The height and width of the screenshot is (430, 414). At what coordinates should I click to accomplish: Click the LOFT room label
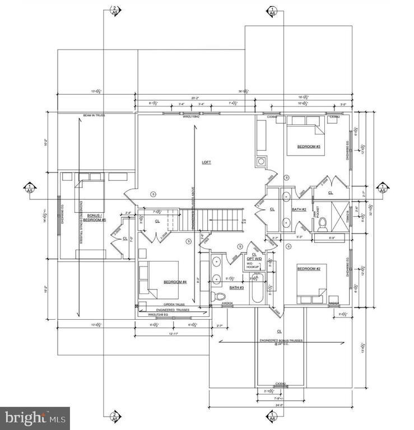tap(207, 162)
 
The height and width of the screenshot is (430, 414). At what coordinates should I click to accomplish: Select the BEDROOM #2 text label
tap(308, 269)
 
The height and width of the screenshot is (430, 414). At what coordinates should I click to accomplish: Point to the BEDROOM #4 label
tap(175, 282)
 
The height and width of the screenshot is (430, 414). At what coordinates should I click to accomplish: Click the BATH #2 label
tap(299, 209)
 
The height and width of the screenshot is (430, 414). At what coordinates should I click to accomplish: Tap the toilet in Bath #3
tap(219, 296)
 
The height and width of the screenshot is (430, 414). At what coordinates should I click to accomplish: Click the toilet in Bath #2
tap(322, 224)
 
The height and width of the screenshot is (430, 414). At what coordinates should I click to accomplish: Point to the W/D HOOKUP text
tap(253, 266)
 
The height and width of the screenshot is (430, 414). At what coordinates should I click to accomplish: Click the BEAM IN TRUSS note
tap(94, 115)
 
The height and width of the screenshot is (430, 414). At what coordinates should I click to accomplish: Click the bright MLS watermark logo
tap(35, 418)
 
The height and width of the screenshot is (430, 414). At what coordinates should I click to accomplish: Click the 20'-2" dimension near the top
tap(194, 98)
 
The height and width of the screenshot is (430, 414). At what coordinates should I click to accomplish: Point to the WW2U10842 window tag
tap(191, 117)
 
